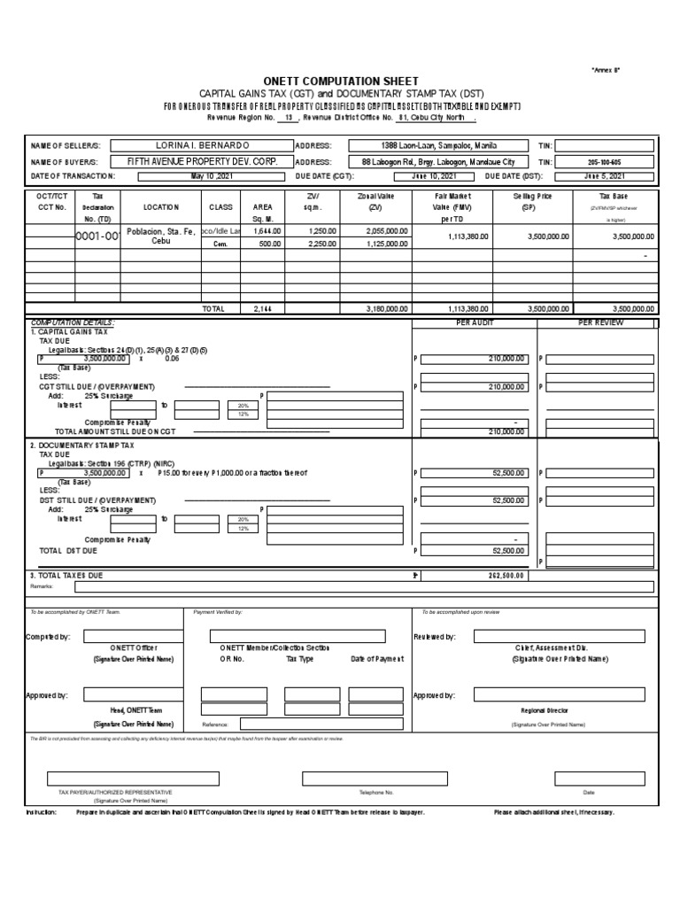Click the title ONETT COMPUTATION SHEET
[x=339, y=81]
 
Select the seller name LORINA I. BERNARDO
[x=203, y=145]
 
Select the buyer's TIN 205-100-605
[x=605, y=162]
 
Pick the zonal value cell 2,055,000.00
[x=386, y=230]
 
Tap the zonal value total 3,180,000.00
[x=386, y=308]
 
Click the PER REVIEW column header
[x=600, y=323]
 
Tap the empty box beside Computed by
[x=134, y=636]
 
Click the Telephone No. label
[x=375, y=792]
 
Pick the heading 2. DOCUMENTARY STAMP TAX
[x=82, y=446]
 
